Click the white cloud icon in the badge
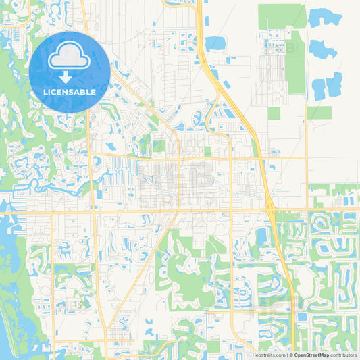69,56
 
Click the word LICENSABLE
70,92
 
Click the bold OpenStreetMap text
306,355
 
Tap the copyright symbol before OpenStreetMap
290,355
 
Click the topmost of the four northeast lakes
325,18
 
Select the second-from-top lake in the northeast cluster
322,48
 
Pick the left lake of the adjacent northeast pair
319,88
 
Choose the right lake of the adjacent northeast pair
334,84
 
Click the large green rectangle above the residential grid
282,16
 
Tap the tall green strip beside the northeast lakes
296,64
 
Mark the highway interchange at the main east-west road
271,211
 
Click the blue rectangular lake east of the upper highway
215,43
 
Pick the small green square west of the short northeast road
274,113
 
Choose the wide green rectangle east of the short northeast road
319,112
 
